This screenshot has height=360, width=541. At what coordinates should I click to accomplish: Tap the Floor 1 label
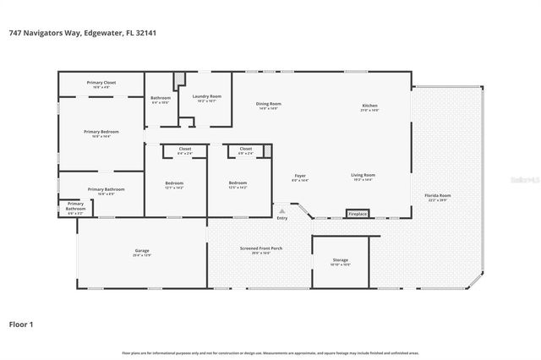[21, 323]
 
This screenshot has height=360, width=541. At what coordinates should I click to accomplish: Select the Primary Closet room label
[101, 83]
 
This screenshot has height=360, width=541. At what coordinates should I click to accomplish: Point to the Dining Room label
[269, 104]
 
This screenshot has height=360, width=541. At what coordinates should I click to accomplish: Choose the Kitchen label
[370, 104]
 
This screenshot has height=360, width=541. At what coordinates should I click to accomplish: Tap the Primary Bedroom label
[101, 132]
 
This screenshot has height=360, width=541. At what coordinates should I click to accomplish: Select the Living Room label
[362, 176]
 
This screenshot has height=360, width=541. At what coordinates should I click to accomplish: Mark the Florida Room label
[437, 195]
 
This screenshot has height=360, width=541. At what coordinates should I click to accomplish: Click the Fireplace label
[358, 214]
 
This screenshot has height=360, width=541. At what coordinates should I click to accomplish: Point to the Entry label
[281, 218]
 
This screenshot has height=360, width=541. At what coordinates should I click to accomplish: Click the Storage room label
[342, 260]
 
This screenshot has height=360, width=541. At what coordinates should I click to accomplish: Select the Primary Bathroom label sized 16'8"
[101, 189]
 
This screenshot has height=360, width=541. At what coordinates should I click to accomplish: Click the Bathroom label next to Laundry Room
[161, 98]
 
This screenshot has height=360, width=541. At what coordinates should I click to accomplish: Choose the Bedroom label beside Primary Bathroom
[174, 183]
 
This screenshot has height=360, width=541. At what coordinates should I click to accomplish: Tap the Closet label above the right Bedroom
[246, 149]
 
